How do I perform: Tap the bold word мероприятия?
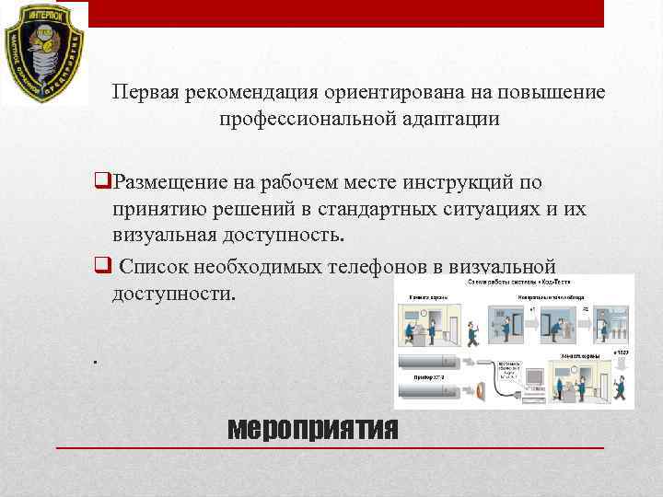point(312,428)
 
